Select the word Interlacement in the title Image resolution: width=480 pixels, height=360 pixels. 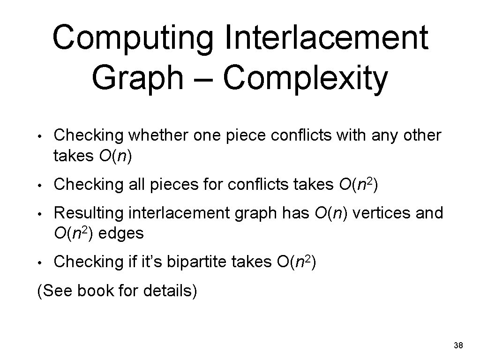pos(326,39)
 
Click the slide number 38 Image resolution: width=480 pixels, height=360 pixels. pos(458,346)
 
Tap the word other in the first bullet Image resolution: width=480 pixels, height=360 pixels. pos(422,136)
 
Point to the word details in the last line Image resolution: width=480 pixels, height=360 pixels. pos(169,291)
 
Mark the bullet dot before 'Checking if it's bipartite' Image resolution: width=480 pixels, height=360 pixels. pos(41,263)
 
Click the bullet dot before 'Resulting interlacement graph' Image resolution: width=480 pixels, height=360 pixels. pos(41,214)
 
